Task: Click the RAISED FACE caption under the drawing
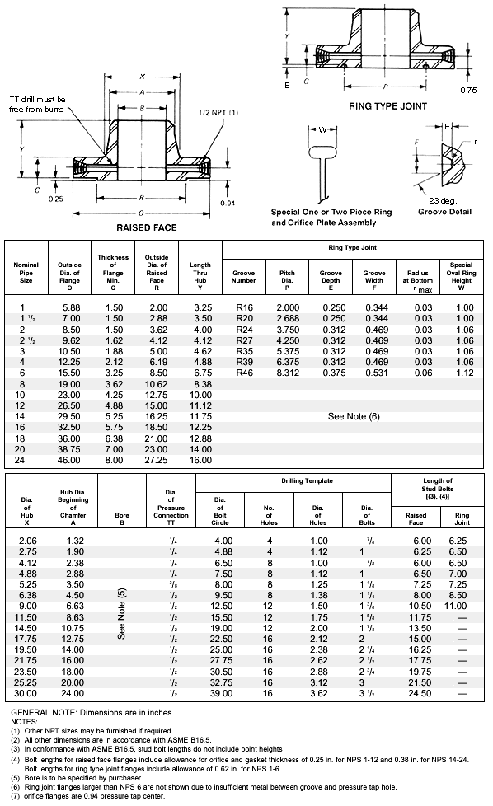[146, 227]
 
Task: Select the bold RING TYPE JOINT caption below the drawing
[383, 106]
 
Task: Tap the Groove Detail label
[444, 212]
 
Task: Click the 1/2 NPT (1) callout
[218, 112]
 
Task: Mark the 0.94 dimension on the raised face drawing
[228, 203]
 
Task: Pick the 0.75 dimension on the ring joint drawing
[468, 90]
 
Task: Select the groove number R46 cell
[244, 372]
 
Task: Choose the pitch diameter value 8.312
[288, 372]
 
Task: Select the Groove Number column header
[244, 276]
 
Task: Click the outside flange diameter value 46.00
[69, 460]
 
